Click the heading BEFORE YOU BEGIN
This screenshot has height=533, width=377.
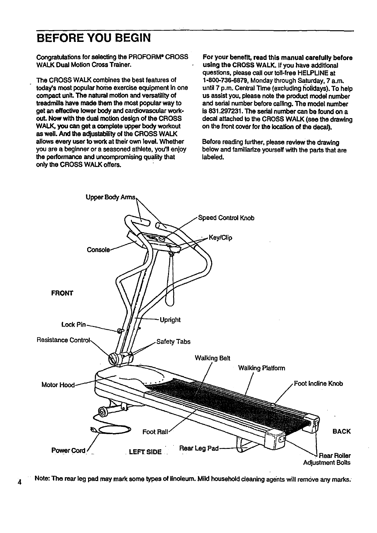point(93,38)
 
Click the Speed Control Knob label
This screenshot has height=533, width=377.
point(226,218)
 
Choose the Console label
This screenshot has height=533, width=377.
point(98,250)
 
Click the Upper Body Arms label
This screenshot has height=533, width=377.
point(110,198)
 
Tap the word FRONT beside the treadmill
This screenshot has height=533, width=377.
point(62,293)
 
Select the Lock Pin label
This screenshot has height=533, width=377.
point(73,324)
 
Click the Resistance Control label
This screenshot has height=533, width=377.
point(63,340)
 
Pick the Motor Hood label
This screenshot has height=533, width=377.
point(58,385)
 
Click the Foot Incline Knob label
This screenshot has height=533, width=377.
point(318,384)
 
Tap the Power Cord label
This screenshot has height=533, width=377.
point(68,450)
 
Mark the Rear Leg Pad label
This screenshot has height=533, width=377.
point(199,448)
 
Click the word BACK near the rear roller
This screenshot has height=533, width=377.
point(341,431)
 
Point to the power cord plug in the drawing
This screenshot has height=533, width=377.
point(94,429)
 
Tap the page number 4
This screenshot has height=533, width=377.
point(20,482)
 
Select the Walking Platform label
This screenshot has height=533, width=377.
point(262,368)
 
